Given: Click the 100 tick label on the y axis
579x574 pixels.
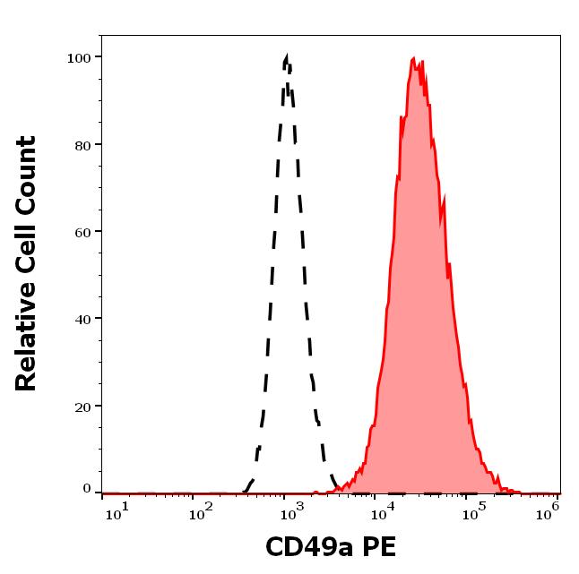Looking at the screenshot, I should tap(79, 57).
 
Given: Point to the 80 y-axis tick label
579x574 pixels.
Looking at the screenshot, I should tap(82, 144).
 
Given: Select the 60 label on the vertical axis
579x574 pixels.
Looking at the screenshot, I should tap(82, 231).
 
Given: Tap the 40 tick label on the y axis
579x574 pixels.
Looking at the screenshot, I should tap(82, 318).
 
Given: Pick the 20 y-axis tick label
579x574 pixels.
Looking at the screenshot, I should tap(82, 406).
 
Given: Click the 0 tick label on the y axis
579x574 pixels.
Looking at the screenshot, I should tap(87, 489).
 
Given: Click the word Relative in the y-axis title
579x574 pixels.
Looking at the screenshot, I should tap(27, 334).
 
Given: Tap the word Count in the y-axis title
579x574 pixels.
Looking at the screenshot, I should tap(27, 175).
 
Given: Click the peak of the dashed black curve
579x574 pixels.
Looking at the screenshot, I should tap(286, 58).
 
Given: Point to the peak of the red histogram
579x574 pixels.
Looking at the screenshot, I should tap(412, 59).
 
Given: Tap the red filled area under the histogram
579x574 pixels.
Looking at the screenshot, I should tap(417, 313).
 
